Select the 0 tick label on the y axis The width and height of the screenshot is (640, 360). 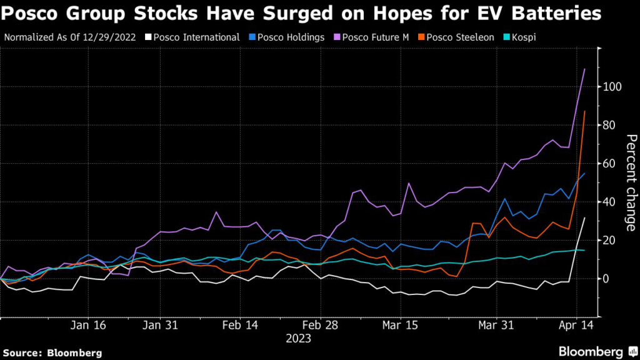606,279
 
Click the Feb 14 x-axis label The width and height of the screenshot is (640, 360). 241,326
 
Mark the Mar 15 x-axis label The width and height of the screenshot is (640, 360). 401,326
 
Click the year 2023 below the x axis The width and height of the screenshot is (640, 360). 299,339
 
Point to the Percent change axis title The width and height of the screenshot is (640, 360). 630,182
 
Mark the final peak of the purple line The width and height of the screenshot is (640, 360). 584,69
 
